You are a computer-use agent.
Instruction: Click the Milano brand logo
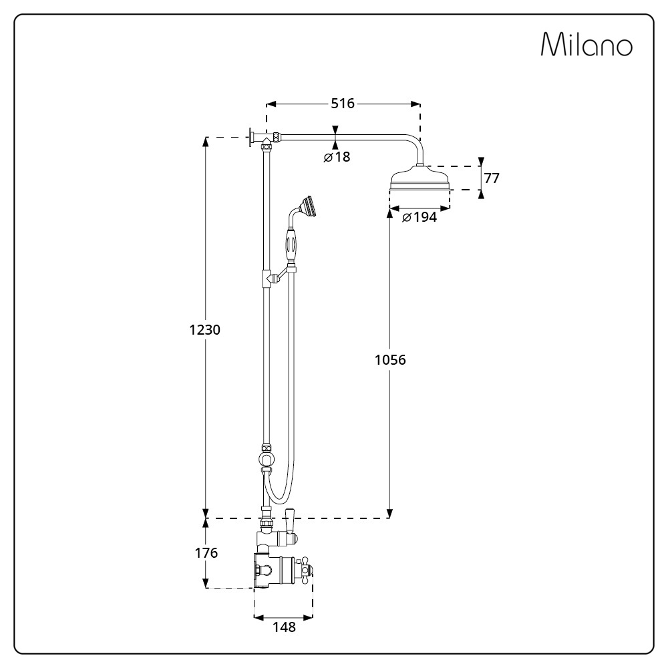coord(586,45)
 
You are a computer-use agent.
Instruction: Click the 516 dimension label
coord(343,103)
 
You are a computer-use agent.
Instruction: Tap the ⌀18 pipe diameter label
coord(337,157)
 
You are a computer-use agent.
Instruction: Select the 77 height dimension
coord(492,178)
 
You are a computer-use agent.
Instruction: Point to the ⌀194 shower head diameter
coord(420,217)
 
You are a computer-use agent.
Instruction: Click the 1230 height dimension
coord(205,329)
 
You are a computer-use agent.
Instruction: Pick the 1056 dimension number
coord(390,360)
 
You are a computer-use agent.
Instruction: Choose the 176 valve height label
coord(206,553)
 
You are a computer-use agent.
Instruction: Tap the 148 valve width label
coord(283,627)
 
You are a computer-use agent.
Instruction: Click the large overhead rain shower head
coord(420,180)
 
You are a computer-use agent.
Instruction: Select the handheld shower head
coord(309,206)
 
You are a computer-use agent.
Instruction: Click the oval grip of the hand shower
coord(291,244)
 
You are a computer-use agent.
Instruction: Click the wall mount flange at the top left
coord(252,138)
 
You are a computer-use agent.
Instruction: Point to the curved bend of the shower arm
coord(414,143)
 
